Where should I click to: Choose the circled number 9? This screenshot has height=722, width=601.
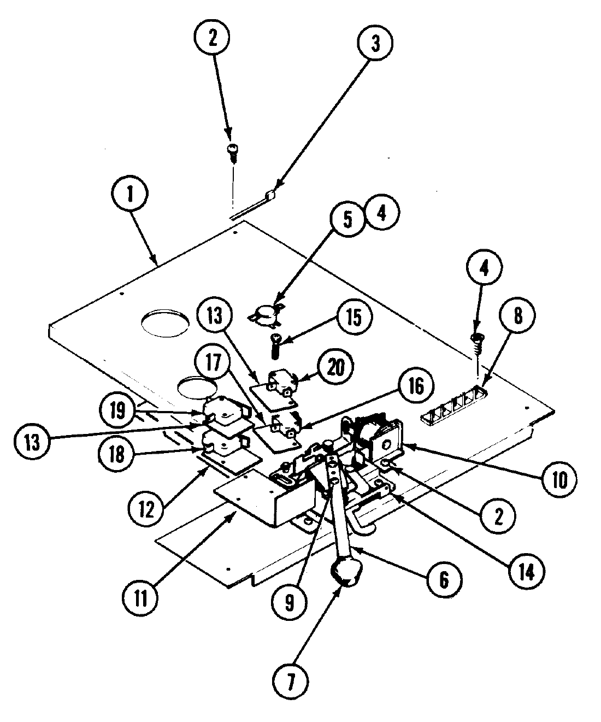(288, 602)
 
